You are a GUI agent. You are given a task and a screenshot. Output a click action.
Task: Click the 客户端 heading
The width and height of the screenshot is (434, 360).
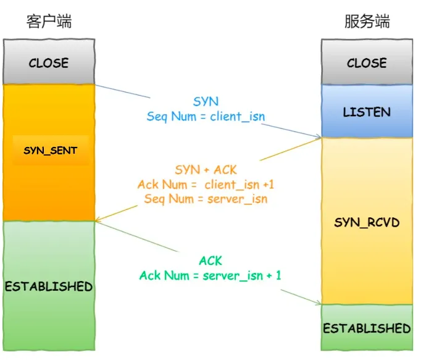(49, 22)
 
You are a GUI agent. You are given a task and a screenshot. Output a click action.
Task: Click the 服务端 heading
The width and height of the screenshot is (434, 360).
(367, 22)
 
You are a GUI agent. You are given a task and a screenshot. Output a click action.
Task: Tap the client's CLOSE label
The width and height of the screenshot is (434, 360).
(49, 63)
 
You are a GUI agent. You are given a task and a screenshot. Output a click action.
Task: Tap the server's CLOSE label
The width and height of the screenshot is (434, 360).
(367, 63)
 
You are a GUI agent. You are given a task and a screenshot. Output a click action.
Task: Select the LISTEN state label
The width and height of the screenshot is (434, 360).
(367, 112)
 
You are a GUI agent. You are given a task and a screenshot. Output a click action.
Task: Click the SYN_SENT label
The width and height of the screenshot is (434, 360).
(51, 151)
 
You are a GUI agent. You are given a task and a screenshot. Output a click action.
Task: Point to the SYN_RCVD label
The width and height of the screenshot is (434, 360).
(367, 222)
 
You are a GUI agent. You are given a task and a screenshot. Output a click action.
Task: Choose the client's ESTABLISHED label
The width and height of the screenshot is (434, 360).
(49, 287)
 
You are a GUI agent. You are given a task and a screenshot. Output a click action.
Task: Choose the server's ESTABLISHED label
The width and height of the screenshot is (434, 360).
(367, 329)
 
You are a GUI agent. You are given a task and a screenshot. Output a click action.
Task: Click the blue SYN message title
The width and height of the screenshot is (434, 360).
(206, 102)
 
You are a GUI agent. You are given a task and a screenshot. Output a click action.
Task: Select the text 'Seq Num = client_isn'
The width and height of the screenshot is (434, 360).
(206, 117)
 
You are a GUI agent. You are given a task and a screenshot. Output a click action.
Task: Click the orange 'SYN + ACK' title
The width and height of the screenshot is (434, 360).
(206, 170)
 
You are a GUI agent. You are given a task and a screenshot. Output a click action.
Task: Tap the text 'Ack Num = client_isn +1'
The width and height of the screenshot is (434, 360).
(206, 185)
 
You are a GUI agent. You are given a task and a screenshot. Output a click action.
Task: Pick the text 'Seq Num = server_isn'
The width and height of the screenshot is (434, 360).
(206, 199)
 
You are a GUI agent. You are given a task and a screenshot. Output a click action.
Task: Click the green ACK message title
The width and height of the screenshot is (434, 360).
(211, 261)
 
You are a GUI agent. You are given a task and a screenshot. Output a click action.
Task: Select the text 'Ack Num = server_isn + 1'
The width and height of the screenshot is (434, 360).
(210, 275)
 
